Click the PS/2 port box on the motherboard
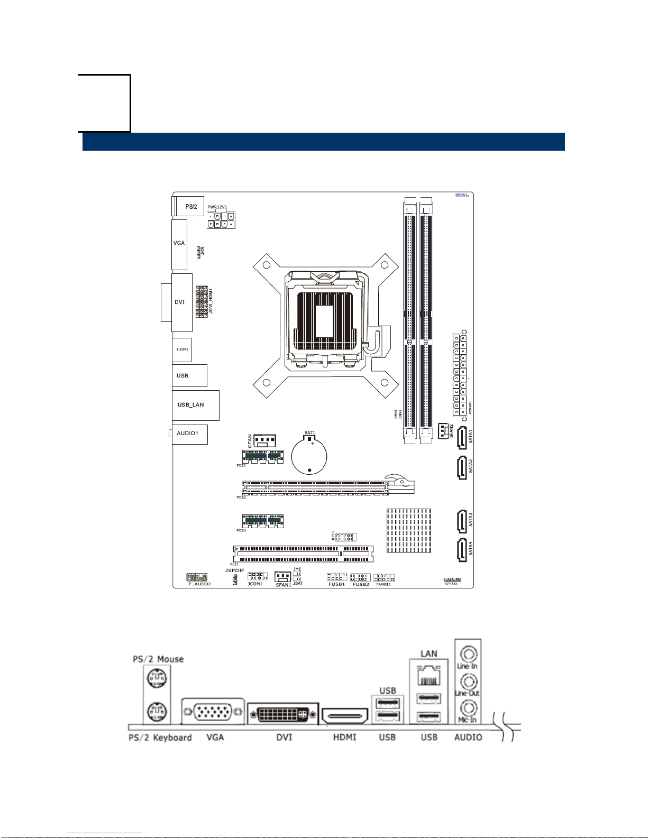[x=189, y=206]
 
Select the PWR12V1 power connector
[x=222, y=220]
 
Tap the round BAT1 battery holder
[x=309, y=455]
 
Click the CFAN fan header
[x=265, y=440]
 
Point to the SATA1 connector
[x=462, y=438]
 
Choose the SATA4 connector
[x=462, y=549]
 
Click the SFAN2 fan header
[x=443, y=431]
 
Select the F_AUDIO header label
[x=199, y=584]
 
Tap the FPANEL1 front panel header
[x=384, y=578]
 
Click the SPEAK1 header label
[x=451, y=584]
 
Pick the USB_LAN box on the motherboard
[x=195, y=405]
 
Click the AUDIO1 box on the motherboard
[x=189, y=434]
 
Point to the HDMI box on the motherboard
[x=182, y=349]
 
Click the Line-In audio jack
[x=468, y=654]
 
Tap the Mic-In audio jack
[x=468, y=707]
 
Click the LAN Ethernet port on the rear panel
[x=428, y=677]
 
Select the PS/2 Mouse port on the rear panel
[x=157, y=677]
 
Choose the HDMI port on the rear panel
[x=344, y=717]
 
